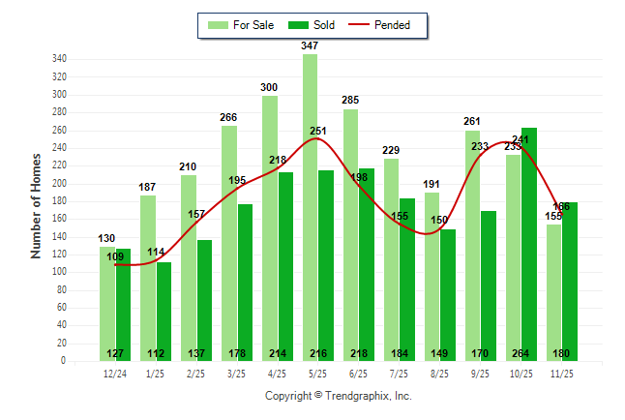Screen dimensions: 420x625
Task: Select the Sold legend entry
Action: tap(309, 25)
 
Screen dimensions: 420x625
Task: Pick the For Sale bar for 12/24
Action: tap(106, 300)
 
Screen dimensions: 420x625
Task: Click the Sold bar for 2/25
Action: tap(204, 290)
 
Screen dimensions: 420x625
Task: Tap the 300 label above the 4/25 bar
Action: tap(269, 88)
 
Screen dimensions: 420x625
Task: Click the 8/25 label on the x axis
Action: tap(439, 372)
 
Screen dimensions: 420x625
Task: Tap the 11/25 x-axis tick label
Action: tap(562, 372)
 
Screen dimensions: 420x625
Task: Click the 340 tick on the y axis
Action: tap(59, 59)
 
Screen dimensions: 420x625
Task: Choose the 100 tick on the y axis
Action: tap(59, 272)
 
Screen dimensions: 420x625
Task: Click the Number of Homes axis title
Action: tap(37, 205)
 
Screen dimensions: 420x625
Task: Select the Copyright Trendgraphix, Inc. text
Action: tap(339, 396)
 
